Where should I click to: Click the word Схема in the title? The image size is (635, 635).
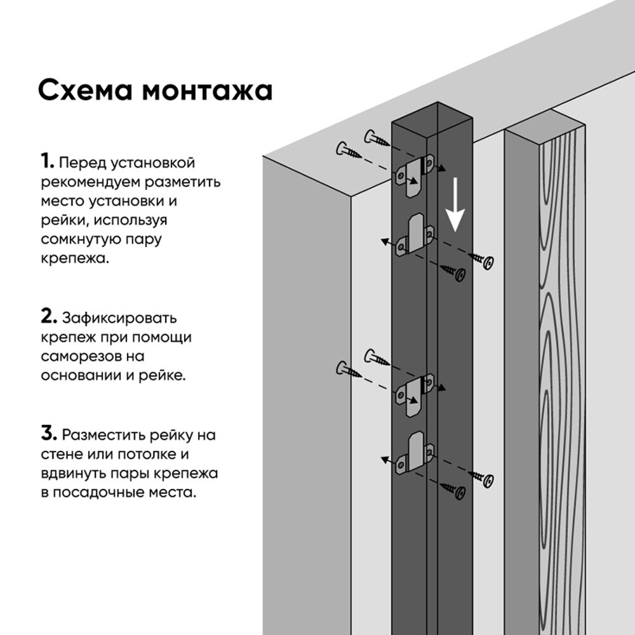pos(84,90)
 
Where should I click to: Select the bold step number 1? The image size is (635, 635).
pos(47,162)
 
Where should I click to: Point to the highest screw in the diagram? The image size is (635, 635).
pos(377,139)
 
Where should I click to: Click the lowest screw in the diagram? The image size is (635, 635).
pos(457,491)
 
